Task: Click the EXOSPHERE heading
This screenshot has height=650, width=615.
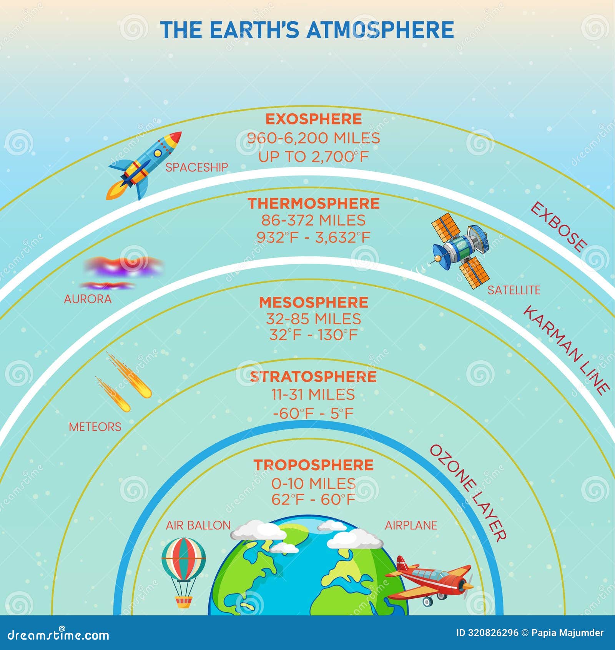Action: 313,119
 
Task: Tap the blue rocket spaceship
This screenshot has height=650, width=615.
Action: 144,165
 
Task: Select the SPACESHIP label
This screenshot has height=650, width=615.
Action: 197,167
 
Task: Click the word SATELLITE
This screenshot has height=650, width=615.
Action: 514,290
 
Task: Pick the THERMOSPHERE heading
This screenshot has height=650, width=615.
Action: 313,204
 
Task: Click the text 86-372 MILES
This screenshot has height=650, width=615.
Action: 313,221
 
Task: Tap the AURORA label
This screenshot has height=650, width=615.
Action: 88,299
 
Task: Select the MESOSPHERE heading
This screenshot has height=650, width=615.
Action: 313,302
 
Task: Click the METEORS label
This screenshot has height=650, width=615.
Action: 95,427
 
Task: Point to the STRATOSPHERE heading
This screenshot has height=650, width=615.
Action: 313,377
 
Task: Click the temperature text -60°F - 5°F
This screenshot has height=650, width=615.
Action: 313,414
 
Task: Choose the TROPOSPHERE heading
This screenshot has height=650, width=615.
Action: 313,465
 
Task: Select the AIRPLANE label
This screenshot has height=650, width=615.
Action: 411,525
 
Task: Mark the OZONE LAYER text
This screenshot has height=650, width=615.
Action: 467,493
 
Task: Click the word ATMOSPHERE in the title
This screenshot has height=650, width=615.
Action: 380,30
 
